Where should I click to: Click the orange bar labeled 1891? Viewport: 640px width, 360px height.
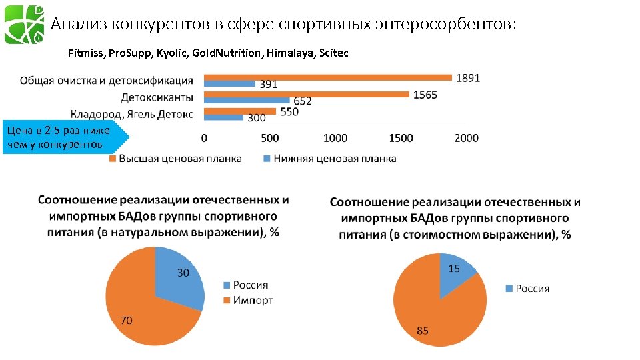[327, 77]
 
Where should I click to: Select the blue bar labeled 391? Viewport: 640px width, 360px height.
[229, 84]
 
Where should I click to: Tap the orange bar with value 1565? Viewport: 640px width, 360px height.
[307, 94]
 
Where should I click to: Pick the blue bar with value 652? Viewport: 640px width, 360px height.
[246, 101]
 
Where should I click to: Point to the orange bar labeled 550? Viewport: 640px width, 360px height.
[239, 111]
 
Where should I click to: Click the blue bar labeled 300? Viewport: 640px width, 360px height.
[223, 117]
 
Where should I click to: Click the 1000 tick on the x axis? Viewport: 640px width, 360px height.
[335, 138]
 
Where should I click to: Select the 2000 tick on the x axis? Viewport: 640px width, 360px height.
[465, 138]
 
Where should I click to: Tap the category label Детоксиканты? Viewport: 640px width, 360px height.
[157, 97]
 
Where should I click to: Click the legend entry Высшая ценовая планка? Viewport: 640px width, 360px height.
[175, 159]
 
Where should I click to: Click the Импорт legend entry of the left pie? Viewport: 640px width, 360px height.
[247, 300]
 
